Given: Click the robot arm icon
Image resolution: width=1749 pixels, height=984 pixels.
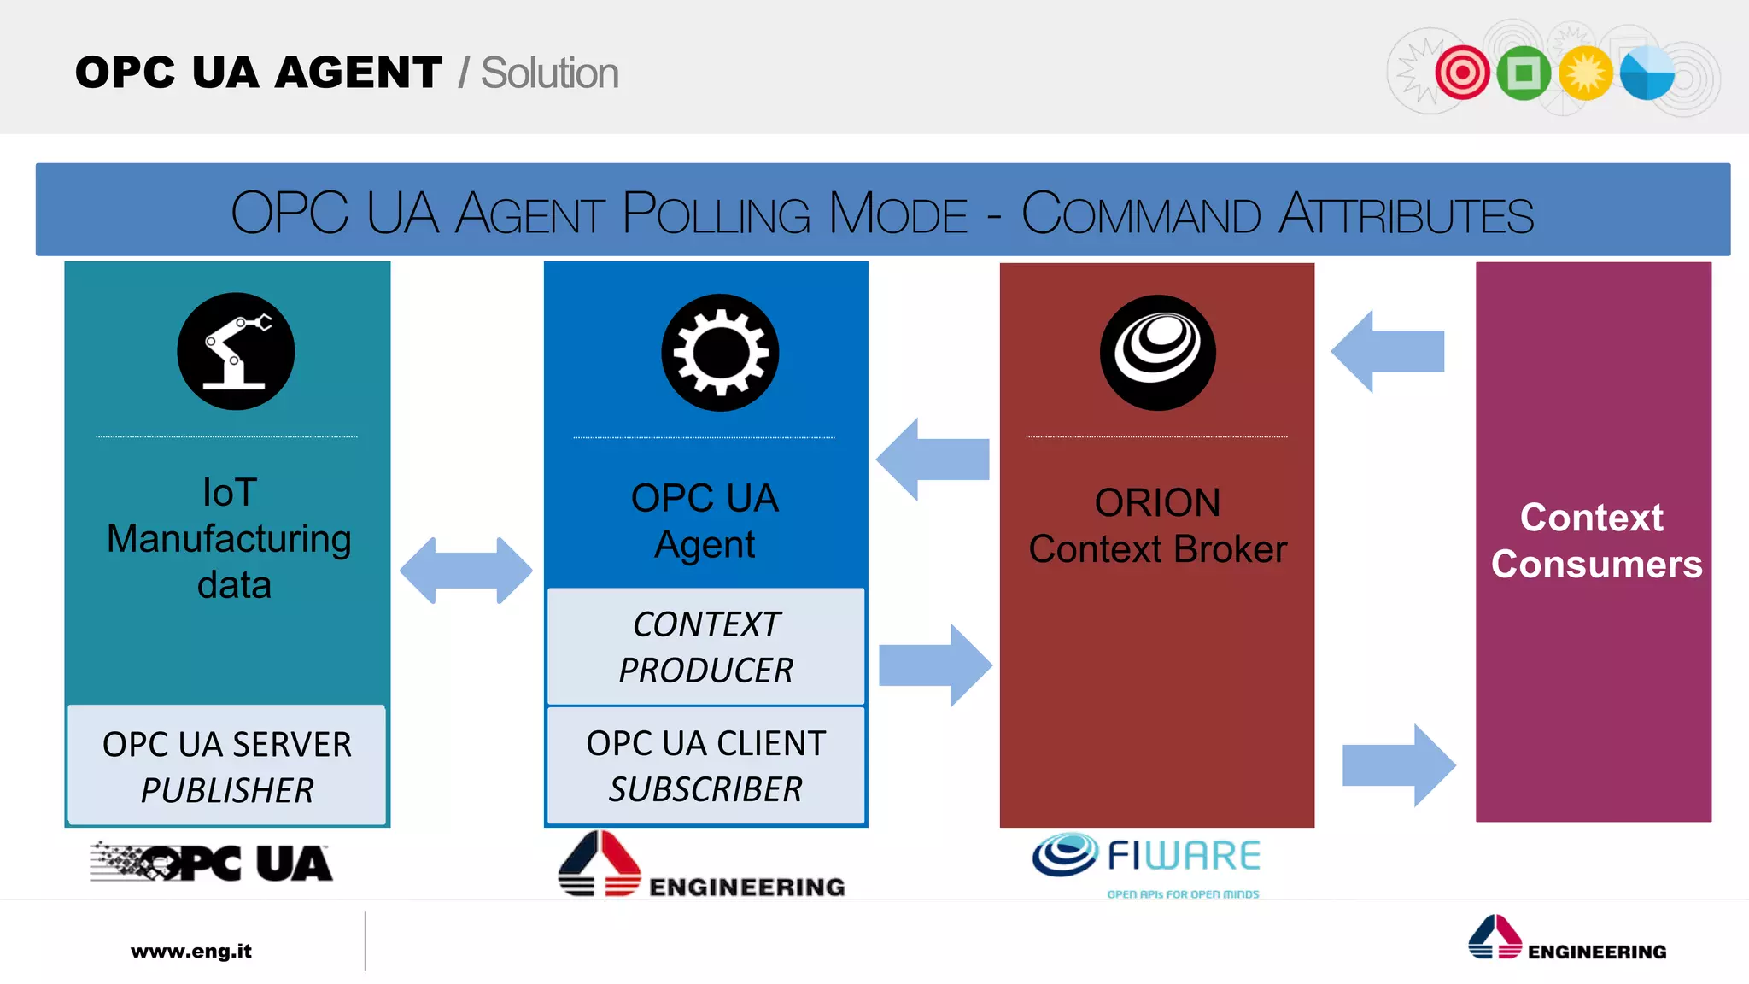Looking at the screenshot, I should pos(236,351).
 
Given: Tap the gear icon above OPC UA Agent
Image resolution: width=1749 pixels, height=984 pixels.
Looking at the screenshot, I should pos(720,353).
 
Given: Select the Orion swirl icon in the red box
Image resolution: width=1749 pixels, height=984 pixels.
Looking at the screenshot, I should pos(1157,352).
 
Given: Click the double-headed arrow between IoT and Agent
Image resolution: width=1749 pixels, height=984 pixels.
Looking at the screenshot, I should pos(465,570).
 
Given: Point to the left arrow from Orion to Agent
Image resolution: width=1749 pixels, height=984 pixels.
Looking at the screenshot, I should pos(933,459).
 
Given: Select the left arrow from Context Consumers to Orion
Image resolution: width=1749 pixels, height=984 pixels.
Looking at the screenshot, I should pos(1388,351).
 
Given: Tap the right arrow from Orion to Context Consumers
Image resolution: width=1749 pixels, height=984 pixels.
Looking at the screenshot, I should pos(1399,764).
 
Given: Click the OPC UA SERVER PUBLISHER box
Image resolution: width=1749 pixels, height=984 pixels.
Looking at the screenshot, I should pos(227,765).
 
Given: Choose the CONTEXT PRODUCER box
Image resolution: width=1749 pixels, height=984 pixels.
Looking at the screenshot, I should pos(705,647).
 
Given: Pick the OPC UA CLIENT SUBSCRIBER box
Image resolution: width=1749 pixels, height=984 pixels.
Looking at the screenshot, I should pos(705,765).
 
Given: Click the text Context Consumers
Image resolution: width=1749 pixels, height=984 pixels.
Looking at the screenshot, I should pos(1595,541).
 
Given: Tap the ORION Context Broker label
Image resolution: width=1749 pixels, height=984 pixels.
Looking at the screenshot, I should pos(1157,525).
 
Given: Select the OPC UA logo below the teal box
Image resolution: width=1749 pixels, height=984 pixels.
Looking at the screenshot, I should pos(211,862).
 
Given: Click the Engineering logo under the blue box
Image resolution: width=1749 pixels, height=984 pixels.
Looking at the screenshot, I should pos(700,865).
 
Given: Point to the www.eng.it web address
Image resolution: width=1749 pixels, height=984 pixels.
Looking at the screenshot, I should pos(191,951).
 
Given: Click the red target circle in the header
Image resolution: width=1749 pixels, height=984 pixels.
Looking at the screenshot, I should pos(1462,73).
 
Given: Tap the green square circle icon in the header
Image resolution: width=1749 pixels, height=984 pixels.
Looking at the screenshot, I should pos(1524,73).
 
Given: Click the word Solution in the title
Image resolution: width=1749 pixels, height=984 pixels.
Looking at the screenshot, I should pos(549,73).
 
